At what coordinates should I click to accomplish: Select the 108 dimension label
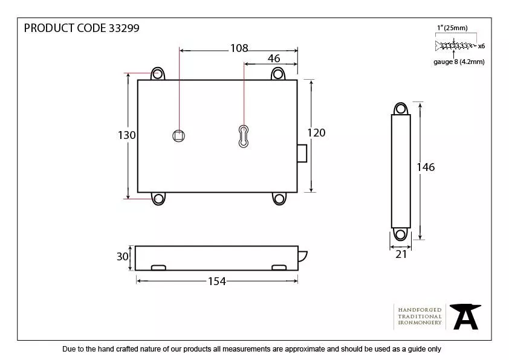239,48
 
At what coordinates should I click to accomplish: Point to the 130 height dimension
126,135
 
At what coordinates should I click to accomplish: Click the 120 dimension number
316,133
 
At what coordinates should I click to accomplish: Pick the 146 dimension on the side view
426,167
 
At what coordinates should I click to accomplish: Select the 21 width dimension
401,254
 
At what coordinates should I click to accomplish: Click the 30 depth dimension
123,257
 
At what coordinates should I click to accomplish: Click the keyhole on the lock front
244,136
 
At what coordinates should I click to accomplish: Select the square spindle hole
178,136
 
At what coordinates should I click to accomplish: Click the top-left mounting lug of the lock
158,74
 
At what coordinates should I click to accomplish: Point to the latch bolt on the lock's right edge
302,153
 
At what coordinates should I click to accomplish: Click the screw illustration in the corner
455,45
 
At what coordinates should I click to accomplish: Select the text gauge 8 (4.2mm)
459,62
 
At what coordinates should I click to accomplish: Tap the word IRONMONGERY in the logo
420,323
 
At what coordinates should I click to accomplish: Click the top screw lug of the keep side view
400,109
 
